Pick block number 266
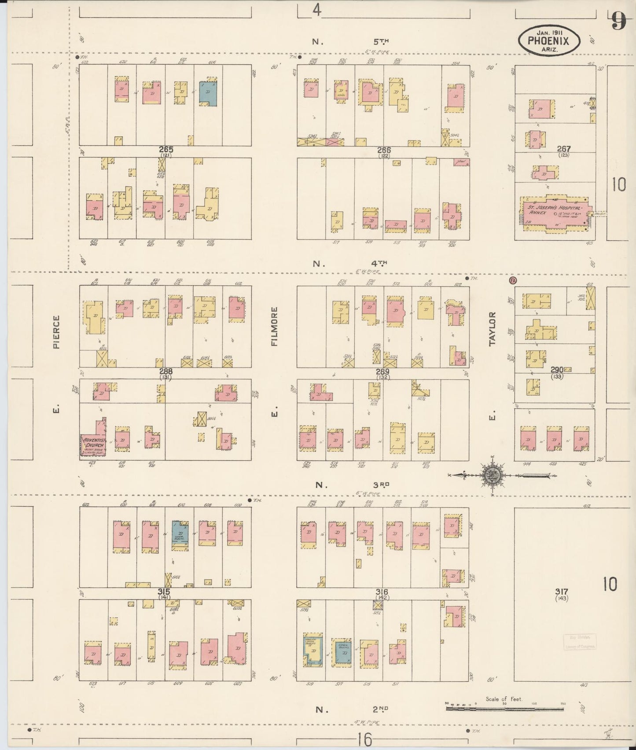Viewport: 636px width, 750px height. tap(384, 150)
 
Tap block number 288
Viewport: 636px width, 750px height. tap(166, 371)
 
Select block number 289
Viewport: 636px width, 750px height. tap(382, 372)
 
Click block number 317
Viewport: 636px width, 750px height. tap(562, 592)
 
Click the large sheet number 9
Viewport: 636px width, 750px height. tap(618, 21)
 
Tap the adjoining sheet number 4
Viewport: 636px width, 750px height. tap(316, 10)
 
